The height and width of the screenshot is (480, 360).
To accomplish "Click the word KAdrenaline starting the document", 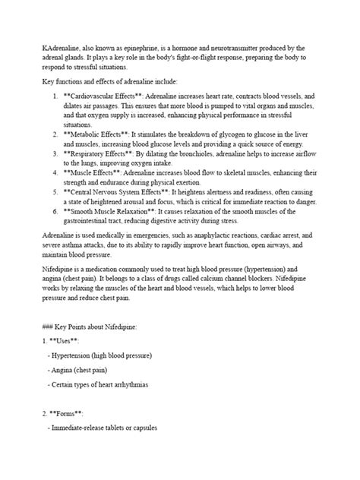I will (43, 48).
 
